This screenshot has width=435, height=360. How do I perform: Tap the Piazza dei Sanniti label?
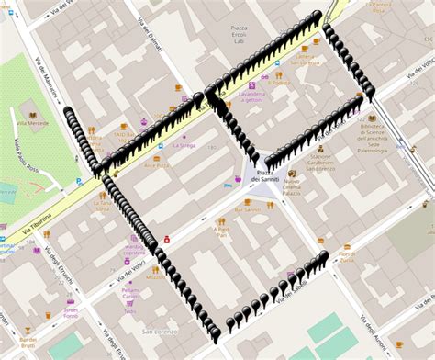point(267,177)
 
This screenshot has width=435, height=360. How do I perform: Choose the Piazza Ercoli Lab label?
point(238,35)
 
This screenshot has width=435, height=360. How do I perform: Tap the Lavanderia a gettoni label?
point(251,96)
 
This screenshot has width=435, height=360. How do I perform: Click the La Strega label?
point(185,145)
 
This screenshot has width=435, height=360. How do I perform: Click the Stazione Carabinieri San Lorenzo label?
point(320,157)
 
